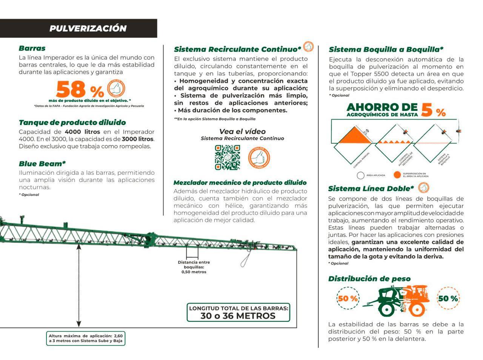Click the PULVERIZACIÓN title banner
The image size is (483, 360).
coord(88,28)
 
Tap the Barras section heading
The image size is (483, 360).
coord(32,48)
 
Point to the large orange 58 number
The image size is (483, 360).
coord(71,90)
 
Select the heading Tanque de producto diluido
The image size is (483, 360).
coord(72,123)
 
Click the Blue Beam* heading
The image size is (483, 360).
coord(42,164)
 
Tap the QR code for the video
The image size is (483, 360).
coord(227,157)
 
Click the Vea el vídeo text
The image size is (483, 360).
coord(242,132)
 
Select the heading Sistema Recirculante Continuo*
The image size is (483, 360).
coord(237,49)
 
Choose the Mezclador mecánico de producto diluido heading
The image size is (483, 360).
coord(240,183)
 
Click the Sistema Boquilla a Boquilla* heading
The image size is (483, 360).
coord(386,49)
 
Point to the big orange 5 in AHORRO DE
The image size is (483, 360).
coord(427,110)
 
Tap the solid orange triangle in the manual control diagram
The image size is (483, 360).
coord(351,137)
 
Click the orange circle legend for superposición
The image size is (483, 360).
coord(397,175)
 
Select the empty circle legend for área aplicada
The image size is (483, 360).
coord(360,175)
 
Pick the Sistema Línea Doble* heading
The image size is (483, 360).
coord(371,189)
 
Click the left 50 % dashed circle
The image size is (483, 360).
coord(348,298)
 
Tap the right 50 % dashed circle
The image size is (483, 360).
coord(448,298)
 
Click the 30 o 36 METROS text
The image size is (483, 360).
coord(238,316)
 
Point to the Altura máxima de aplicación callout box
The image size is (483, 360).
coord(86,338)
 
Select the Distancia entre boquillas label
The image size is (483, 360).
coord(194,267)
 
